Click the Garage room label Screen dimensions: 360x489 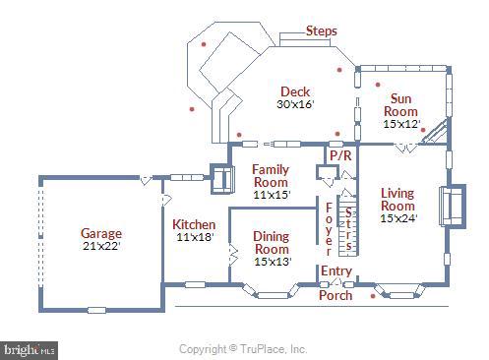[101, 233]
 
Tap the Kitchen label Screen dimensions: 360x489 [194, 225]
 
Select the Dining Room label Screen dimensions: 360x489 [272, 242]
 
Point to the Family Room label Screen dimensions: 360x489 [270, 176]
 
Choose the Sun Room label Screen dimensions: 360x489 [400, 104]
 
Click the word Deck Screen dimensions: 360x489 [295, 91]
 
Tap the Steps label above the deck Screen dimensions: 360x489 [321, 31]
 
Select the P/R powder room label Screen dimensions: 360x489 [340, 155]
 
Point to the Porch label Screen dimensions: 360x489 [335, 295]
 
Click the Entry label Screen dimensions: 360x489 [336, 270]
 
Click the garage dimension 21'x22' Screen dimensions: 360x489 [101, 247]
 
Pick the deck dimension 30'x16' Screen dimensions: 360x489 [295, 104]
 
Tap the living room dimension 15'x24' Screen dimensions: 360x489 [397, 219]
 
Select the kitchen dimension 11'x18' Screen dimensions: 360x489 [194, 238]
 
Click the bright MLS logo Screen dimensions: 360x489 [30, 349]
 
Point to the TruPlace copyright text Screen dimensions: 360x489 [243, 348]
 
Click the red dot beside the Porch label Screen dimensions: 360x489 [372, 294]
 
